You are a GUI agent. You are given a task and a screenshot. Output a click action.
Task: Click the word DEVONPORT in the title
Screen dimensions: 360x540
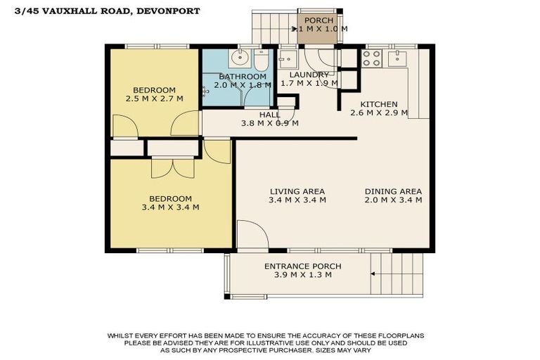(x=170, y=11)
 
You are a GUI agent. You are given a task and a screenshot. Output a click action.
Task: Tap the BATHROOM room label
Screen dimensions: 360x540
(x=242, y=76)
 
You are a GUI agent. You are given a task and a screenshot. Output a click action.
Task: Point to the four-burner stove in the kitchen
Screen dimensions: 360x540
(x=371, y=59)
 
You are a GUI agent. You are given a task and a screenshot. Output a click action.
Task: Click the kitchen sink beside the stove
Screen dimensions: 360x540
(x=398, y=56)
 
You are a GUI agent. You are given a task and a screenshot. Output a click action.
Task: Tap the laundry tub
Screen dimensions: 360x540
(x=288, y=58)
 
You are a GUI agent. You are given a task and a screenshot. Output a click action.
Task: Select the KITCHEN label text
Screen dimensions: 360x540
(x=379, y=104)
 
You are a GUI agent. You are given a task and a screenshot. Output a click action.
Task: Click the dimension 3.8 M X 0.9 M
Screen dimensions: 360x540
(x=269, y=123)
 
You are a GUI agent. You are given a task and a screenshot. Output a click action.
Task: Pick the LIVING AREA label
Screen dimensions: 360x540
(x=297, y=191)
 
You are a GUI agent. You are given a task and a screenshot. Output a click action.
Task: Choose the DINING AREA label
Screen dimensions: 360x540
(x=393, y=191)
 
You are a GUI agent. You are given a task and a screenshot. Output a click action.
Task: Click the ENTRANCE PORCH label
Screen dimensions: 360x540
(x=302, y=266)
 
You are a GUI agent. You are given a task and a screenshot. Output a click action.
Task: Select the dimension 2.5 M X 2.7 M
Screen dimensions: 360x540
(x=154, y=98)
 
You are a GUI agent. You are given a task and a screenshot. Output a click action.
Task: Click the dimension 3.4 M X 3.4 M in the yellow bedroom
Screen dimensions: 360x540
(x=171, y=207)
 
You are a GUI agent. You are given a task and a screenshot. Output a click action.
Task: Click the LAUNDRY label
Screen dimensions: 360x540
(x=304, y=75)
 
